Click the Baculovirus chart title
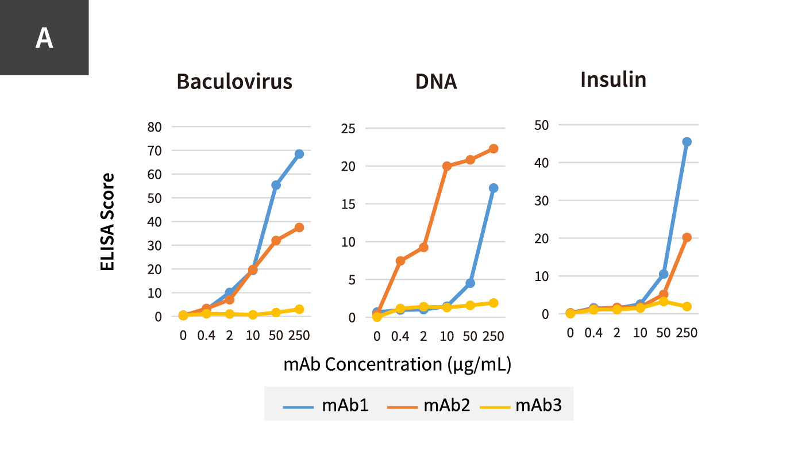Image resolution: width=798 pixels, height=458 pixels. (234, 82)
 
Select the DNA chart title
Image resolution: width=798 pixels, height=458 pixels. (436, 82)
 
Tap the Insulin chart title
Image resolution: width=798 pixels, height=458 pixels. (613, 79)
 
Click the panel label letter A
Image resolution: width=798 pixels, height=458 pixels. (44, 39)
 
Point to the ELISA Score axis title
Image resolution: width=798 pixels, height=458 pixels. (107, 222)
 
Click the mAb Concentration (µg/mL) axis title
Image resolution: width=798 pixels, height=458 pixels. (397, 364)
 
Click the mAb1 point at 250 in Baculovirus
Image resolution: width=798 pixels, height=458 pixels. (299, 154)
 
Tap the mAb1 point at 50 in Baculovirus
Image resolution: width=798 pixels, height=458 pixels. (276, 185)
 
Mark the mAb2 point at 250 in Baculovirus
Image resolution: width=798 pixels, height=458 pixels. (299, 228)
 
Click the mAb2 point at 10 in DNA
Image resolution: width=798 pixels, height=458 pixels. (447, 166)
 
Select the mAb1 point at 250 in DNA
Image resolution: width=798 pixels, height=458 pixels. (494, 188)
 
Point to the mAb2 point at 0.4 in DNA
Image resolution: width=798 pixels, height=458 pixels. (400, 261)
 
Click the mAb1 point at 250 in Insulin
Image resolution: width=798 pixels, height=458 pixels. (687, 142)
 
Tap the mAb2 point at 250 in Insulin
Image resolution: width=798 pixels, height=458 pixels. (687, 237)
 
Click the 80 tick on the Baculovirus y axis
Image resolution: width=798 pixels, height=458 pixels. (155, 126)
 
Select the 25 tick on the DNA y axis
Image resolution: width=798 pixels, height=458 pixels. (349, 128)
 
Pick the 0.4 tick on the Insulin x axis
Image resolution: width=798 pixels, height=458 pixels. (593, 333)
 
